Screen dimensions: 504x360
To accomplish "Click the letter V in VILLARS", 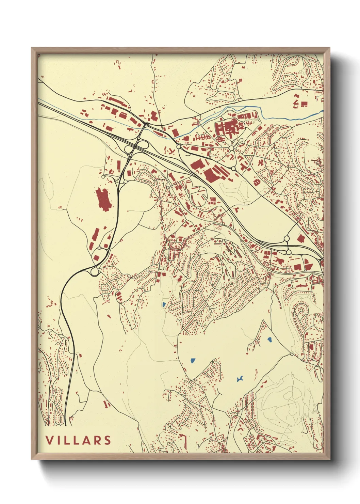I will [x=49, y=440].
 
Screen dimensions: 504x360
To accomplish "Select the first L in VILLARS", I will [x=68, y=440].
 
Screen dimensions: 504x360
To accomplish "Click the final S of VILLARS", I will [x=108, y=440].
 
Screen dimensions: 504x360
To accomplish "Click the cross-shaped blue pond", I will [x=240, y=379].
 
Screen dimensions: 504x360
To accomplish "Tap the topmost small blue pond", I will [x=164, y=304].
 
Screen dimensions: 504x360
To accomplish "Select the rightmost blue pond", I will [x=269, y=340].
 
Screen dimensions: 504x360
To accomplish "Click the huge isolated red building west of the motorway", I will [x=103, y=199].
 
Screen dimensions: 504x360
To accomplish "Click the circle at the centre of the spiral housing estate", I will [x=301, y=310].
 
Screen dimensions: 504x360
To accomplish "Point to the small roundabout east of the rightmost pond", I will [x=292, y=355].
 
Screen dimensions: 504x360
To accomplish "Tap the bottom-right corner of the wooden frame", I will [x=329, y=459].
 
